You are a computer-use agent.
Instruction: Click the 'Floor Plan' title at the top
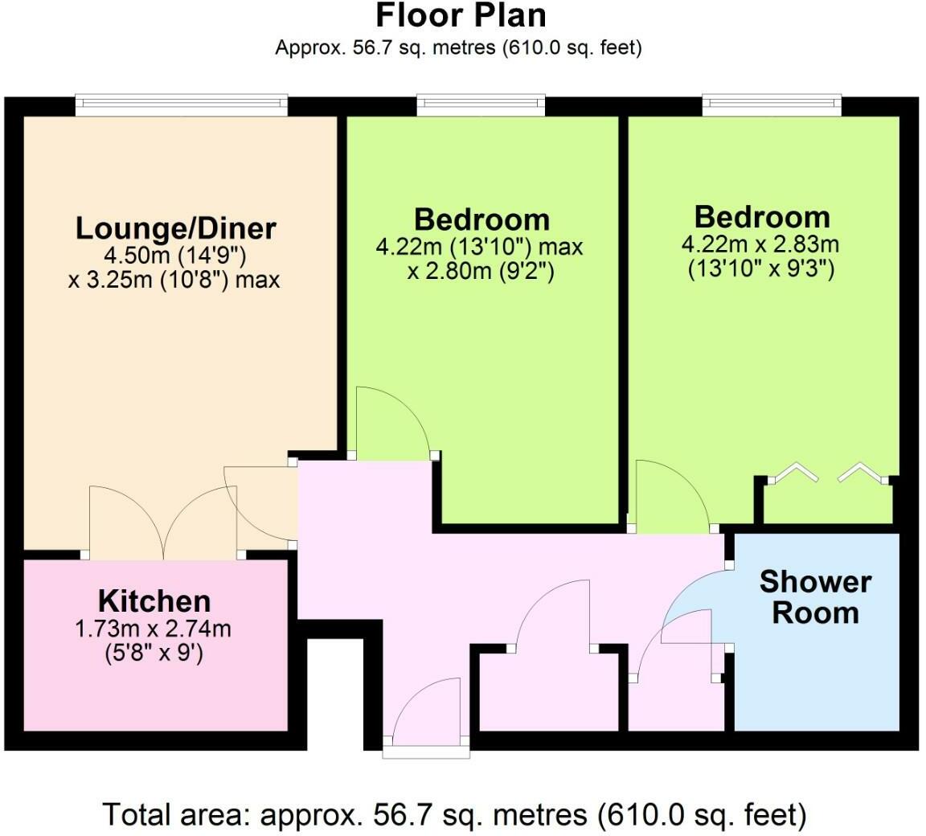[x=461, y=16]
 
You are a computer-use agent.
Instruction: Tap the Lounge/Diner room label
[x=176, y=228]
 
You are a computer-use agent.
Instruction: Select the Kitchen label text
[x=154, y=601]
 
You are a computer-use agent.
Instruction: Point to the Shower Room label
[x=815, y=596]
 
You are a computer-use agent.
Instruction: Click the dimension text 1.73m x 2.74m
[x=153, y=629]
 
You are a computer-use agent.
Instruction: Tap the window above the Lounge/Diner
[x=181, y=103]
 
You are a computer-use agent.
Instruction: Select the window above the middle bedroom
[x=481, y=103]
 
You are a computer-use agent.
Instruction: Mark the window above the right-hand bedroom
[x=772, y=103]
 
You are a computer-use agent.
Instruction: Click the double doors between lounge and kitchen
[x=166, y=522]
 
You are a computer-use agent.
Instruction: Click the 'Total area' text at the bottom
[x=454, y=814]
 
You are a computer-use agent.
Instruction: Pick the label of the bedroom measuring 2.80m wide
[x=481, y=219]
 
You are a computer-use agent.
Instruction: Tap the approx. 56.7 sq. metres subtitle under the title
[x=458, y=47]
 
